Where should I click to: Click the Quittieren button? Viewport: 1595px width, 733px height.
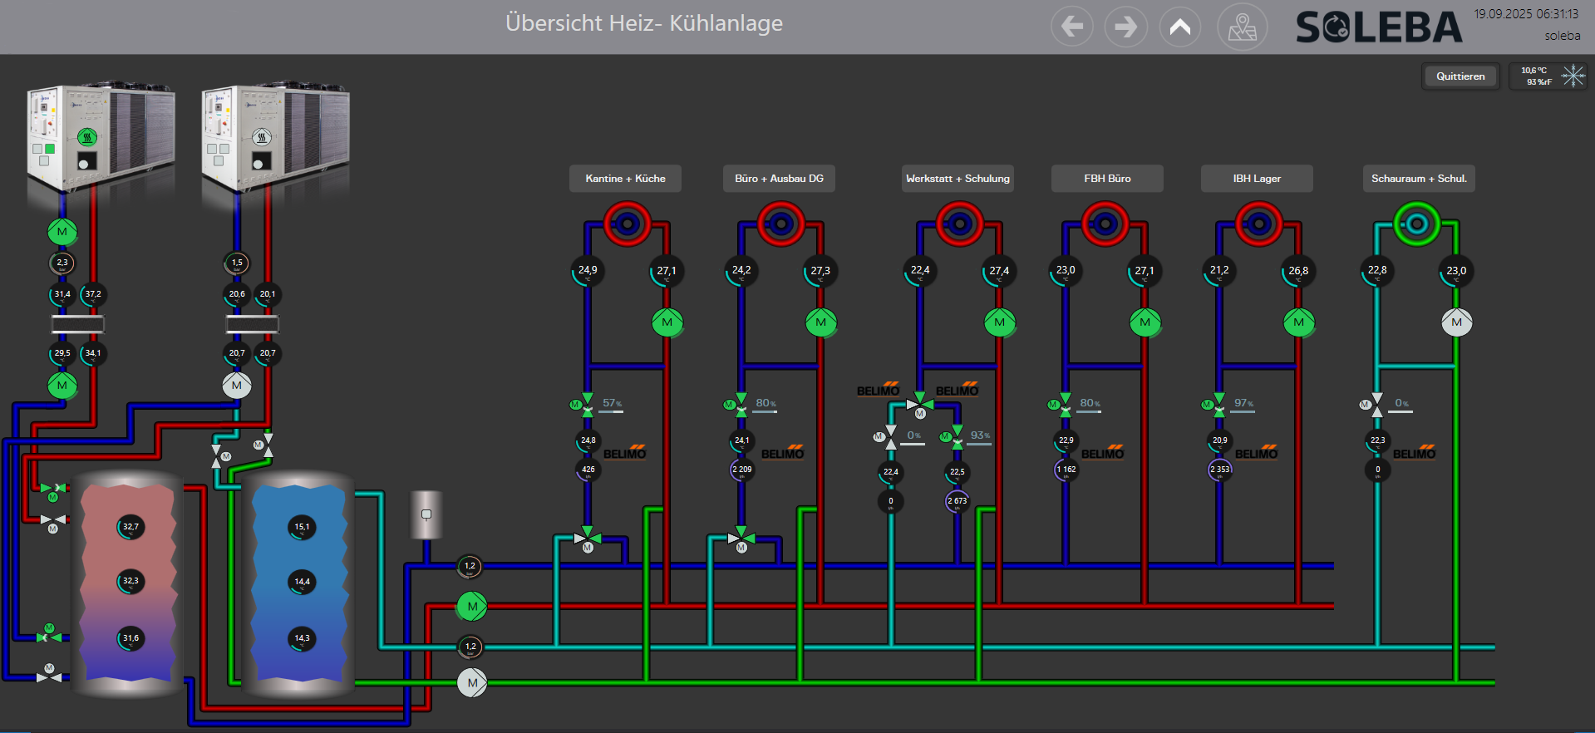1460,76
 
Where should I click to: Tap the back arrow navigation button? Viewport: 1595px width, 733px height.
1071,27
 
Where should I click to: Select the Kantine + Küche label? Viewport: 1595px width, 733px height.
625,179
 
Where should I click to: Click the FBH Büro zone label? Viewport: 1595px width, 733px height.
1107,179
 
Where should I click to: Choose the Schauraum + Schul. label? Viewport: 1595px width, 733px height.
1419,179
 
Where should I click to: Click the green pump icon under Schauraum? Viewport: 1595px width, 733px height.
1416,224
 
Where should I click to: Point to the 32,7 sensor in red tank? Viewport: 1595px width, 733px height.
130,527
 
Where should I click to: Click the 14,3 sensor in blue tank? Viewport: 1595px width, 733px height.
302,638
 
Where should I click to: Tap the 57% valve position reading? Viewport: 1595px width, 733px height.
613,404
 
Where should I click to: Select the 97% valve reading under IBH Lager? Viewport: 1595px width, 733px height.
1244,404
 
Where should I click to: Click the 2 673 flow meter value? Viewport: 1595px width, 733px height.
957,501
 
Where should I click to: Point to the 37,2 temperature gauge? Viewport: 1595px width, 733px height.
93,294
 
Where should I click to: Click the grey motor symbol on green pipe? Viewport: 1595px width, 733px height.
472,683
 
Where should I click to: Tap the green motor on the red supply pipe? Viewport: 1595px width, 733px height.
472,607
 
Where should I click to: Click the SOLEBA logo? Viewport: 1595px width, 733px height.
1378,27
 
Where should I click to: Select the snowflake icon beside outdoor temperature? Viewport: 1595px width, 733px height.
1573,76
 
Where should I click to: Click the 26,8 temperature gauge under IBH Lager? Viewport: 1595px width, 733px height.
1298,271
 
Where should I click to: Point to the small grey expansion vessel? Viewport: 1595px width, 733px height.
426,514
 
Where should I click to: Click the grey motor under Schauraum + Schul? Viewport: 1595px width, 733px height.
1456,322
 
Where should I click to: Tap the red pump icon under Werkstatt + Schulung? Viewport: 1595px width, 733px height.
959,224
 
